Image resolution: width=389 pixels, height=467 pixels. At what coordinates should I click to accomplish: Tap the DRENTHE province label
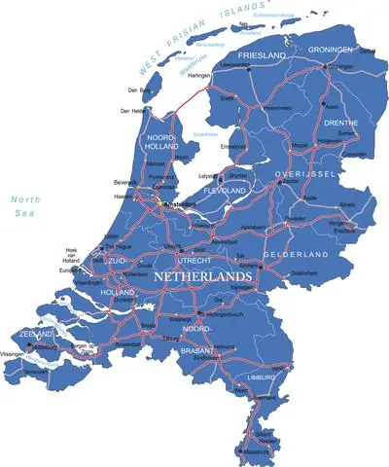click(x=336, y=124)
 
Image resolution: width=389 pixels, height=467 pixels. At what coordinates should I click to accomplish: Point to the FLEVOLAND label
click(x=227, y=191)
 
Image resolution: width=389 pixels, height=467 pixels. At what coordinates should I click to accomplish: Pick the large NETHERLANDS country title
click(x=202, y=276)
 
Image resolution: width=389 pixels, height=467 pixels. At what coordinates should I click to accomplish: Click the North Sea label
click(x=23, y=208)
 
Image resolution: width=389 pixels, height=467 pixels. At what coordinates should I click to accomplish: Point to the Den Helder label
click(x=132, y=111)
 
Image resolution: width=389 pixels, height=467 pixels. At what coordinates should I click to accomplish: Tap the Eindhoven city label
click(x=204, y=356)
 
